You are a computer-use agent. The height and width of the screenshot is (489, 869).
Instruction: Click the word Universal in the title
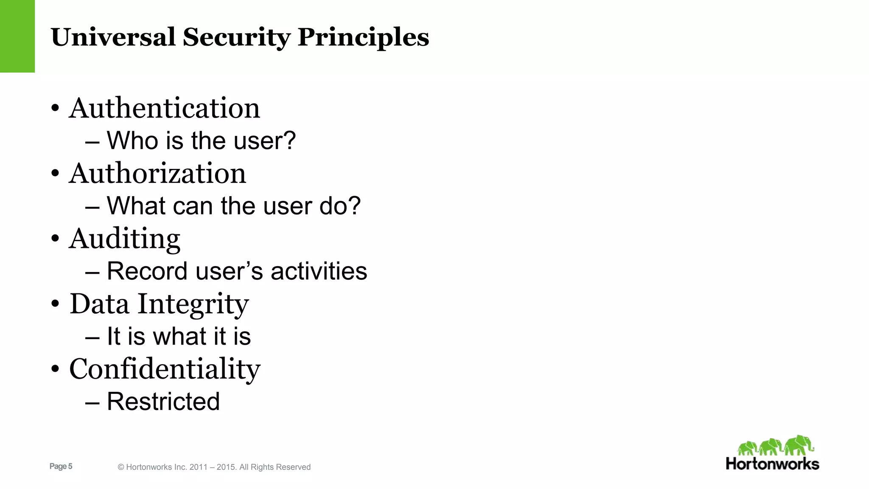point(113,37)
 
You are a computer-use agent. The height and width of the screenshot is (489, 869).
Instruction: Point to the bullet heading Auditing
point(125,239)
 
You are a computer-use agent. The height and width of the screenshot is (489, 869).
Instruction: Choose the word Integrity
point(193,304)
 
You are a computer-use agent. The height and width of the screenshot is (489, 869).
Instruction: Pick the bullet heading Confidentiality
point(165,369)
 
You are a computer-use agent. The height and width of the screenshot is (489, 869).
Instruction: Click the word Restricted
point(163,401)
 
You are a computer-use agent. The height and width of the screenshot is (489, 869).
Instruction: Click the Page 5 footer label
point(61,466)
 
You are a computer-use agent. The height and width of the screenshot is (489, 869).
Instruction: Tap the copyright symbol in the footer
point(121,467)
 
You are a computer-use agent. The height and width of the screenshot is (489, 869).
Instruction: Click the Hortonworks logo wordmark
point(772,464)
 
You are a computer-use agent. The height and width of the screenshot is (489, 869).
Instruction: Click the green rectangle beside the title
point(17,36)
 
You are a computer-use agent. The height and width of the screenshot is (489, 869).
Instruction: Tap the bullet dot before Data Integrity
point(55,304)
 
